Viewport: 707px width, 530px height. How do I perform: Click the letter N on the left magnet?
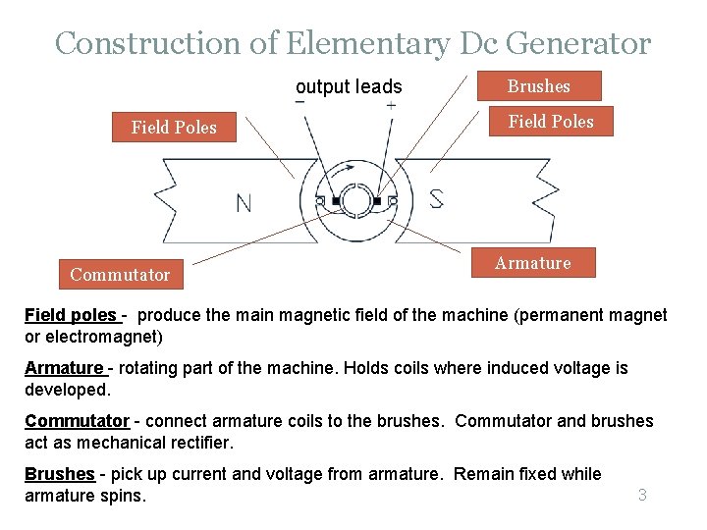coord(244,202)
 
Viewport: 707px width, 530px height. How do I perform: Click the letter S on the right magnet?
coord(436,198)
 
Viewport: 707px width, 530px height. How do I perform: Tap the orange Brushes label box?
coord(538,86)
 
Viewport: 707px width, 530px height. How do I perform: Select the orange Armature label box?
coord(532,263)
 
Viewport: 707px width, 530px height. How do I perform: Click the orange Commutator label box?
coord(120,275)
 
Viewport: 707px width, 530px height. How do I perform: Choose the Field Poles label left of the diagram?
coord(174,127)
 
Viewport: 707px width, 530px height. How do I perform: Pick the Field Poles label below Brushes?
coord(550,122)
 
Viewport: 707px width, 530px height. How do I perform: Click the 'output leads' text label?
coord(349,86)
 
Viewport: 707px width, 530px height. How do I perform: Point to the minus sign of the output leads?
coord(299,101)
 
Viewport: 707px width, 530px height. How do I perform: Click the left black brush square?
coord(335,202)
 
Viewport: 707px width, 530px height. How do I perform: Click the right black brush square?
coord(376,202)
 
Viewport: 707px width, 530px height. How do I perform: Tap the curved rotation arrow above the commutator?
coord(346,171)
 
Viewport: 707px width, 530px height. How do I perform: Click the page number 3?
coord(642,495)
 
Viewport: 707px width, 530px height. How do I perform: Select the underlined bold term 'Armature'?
coord(64,368)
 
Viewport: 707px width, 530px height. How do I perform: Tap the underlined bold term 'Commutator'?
coord(77,421)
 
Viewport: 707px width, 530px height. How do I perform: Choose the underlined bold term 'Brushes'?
coord(60,474)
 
